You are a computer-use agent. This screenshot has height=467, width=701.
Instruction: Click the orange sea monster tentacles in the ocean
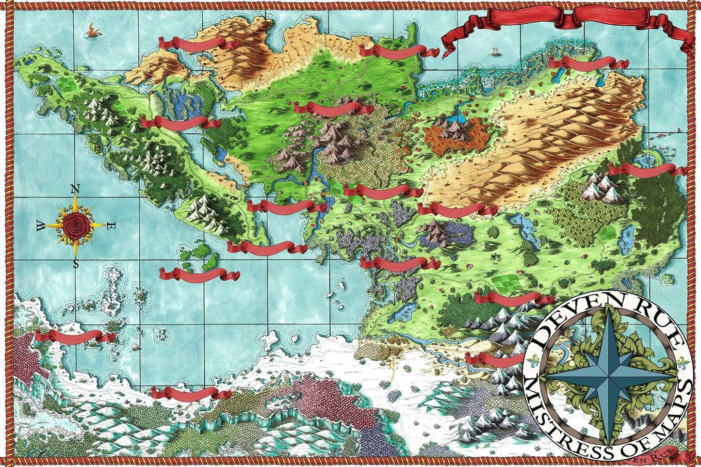pos(91,32)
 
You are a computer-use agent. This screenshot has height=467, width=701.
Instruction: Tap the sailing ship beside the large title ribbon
pos(495,51)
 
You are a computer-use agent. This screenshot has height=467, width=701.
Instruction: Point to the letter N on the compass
pos(75,190)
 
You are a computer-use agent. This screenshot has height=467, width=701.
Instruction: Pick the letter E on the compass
pos(111,225)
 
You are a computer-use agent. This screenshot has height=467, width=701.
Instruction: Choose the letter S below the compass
pos(76,264)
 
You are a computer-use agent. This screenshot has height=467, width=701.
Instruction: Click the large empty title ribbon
pos(568,24)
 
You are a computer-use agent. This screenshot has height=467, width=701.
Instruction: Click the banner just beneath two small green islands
pos(199,274)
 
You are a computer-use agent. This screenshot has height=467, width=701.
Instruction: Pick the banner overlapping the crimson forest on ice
pos(68,336)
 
